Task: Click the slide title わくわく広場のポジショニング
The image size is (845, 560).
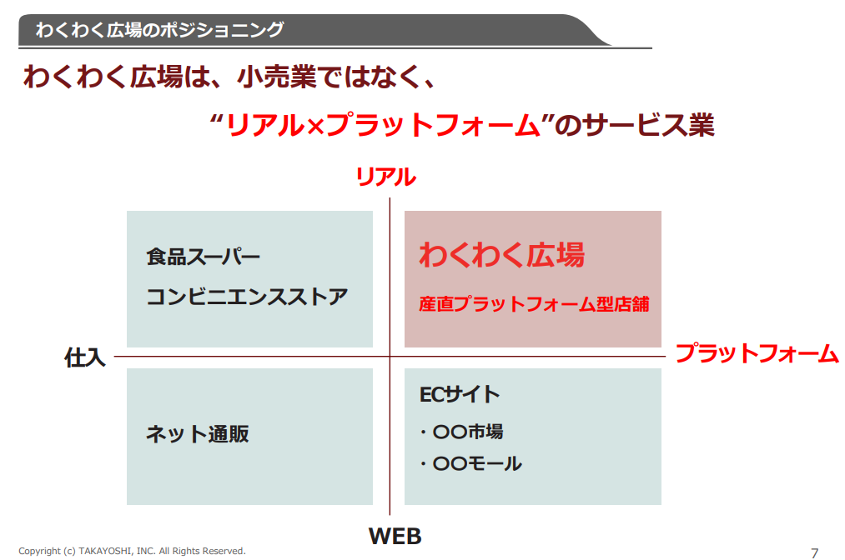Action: click(x=159, y=30)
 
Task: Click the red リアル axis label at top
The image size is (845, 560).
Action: click(x=386, y=177)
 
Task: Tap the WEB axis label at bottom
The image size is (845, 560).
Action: click(x=395, y=536)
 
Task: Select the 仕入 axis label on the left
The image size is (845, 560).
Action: click(x=84, y=357)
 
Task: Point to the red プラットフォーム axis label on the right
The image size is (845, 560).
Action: click(x=757, y=353)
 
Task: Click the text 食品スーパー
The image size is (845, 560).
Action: click(x=204, y=257)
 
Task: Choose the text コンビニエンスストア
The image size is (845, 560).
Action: click(x=247, y=297)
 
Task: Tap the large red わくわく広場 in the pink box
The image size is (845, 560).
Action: click(x=502, y=255)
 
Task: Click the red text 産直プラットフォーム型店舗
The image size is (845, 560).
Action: click(x=534, y=304)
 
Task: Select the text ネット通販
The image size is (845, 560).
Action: click(x=197, y=434)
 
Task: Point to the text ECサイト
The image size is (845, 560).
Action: click(x=460, y=394)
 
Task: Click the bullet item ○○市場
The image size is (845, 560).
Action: click(x=462, y=432)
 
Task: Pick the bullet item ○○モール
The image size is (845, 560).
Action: click(x=471, y=463)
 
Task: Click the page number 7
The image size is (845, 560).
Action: click(x=814, y=553)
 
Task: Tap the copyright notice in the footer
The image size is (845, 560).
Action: click(x=132, y=551)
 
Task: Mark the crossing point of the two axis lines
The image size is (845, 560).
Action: click(x=390, y=357)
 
